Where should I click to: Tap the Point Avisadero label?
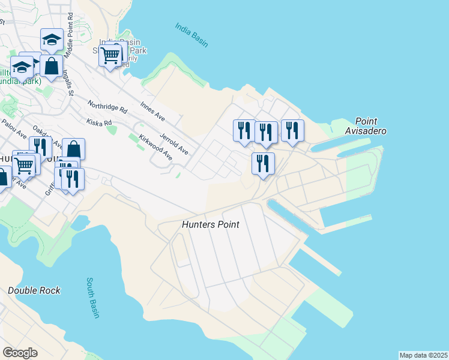click(x=366, y=126)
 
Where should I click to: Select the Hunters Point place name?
click(x=211, y=224)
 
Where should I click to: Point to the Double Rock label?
click(x=34, y=290)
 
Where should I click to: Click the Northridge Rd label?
click(x=108, y=106)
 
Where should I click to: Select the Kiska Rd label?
click(x=100, y=122)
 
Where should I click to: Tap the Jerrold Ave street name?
click(x=174, y=143)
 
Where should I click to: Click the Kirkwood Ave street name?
click(x=155, y=148)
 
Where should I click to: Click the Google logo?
click(x=20, y=353)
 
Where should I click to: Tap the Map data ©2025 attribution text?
click(x=424, y=355)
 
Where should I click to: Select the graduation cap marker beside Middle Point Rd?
click(x=52, y=41)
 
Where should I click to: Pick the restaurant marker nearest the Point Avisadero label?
click(x=292, y=131)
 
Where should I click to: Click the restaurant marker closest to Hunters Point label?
click(x=263, y=164)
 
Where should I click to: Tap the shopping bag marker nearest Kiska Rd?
click(x=73, y=149)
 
